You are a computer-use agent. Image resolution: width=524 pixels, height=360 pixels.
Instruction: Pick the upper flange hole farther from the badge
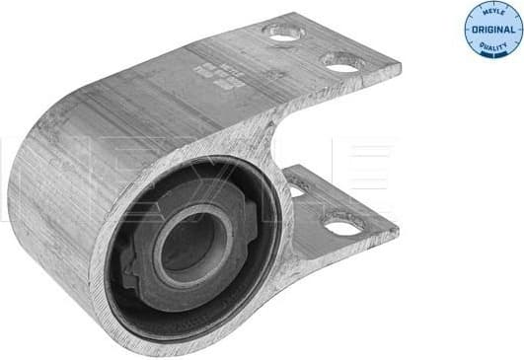coord(283,34)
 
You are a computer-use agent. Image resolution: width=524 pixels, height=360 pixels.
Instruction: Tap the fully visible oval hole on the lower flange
coord(341,227)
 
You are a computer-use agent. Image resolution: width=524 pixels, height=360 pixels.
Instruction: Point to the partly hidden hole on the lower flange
coord(295,189)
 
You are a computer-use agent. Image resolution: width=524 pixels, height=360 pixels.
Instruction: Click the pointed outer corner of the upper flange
coord(399,69)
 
